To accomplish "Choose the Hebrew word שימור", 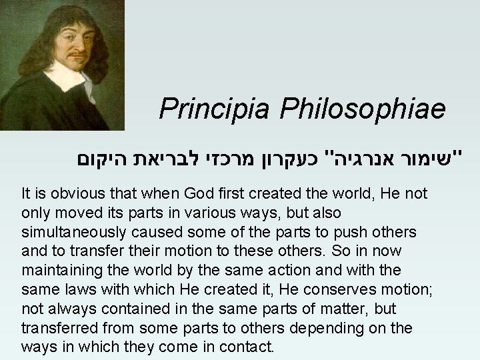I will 433,160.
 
